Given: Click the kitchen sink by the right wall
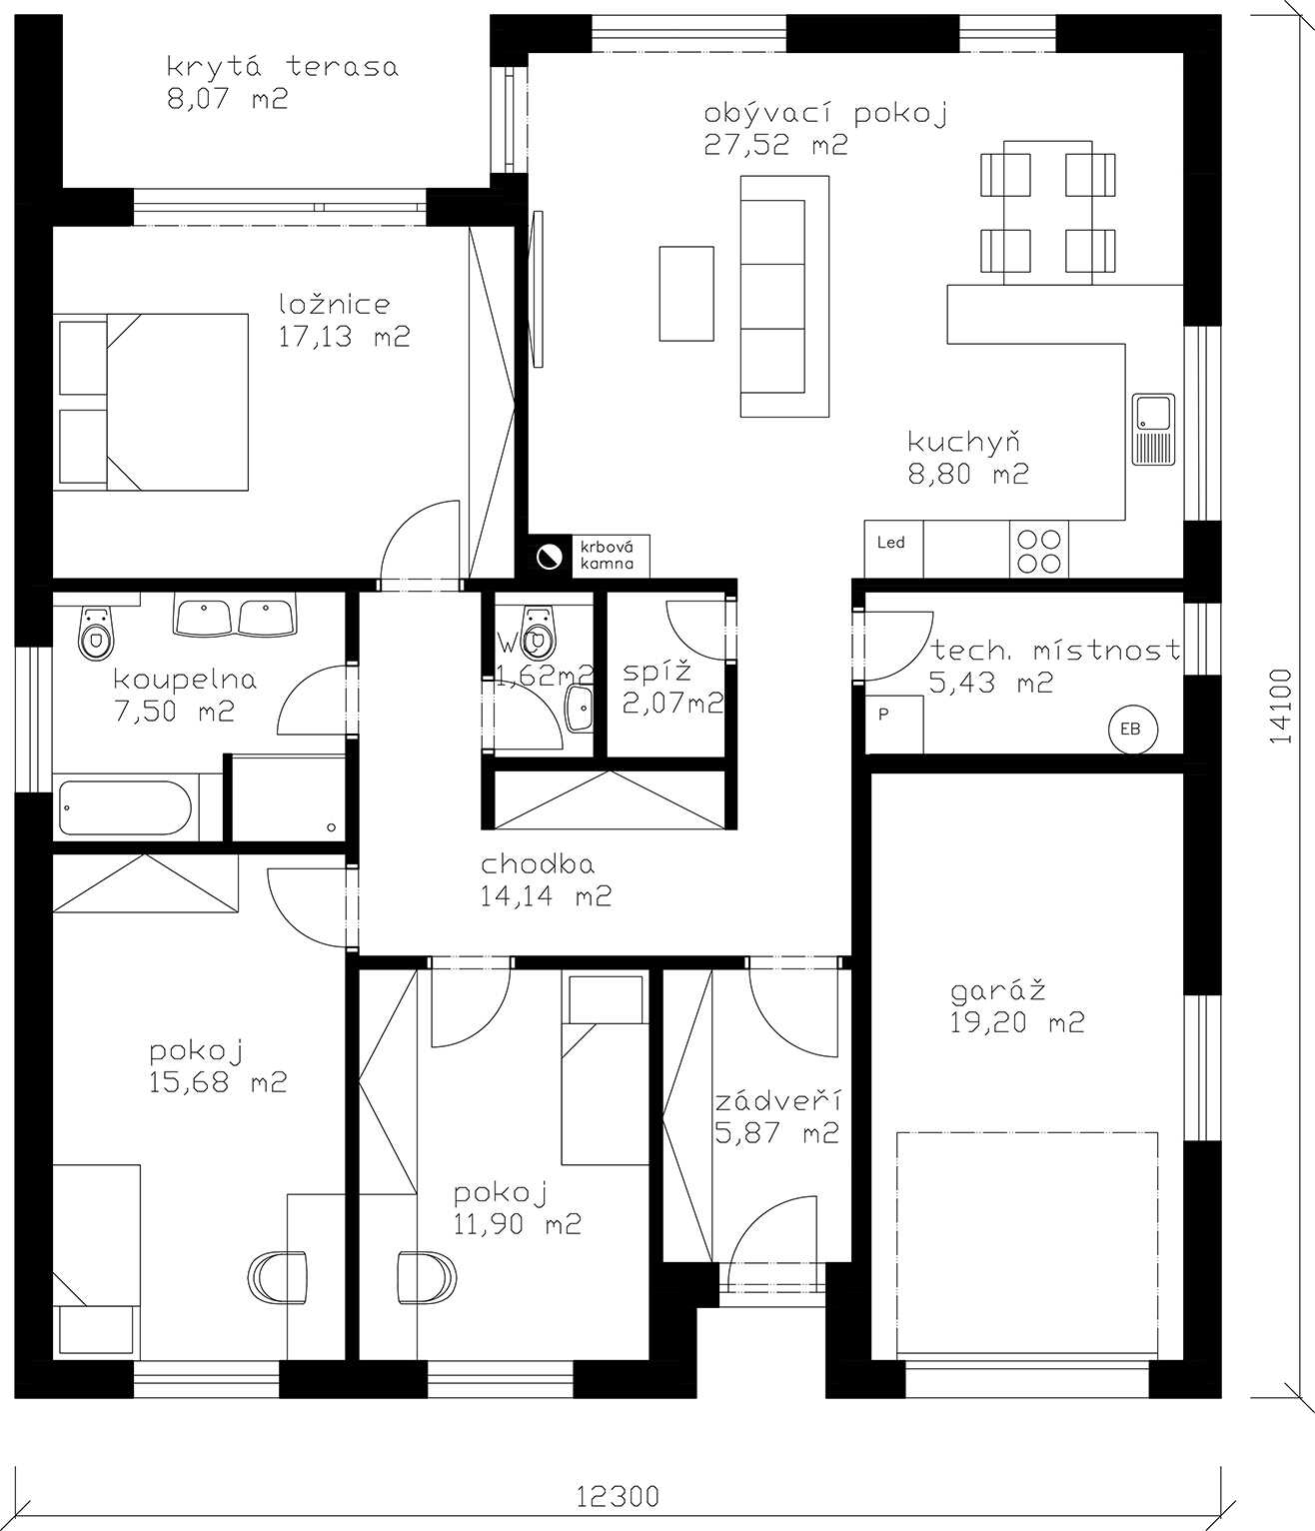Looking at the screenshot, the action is point(1153,429).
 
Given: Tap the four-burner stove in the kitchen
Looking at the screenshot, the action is point(1038,551).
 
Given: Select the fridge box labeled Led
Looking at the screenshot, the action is point(893,549).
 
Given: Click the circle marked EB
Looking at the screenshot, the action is point(1130,729).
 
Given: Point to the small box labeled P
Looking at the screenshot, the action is point(894,725).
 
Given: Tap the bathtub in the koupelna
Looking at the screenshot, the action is point(126,807).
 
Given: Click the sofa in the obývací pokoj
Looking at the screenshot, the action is point(784,297).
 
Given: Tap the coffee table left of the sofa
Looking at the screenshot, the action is point(686,294).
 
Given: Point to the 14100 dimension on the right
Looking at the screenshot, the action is point(1280,708).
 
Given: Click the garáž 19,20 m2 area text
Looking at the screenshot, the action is point(1016,1006).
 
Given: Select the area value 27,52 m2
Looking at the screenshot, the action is point(775,145).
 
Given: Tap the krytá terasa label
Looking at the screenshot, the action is point(283,67).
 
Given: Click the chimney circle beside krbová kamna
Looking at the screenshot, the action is point(550,556).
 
